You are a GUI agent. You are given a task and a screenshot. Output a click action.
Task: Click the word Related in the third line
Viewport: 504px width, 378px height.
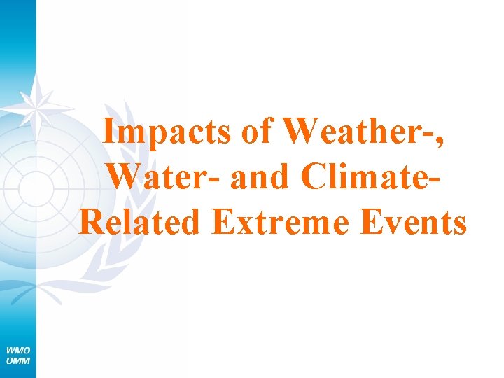[140, 222]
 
